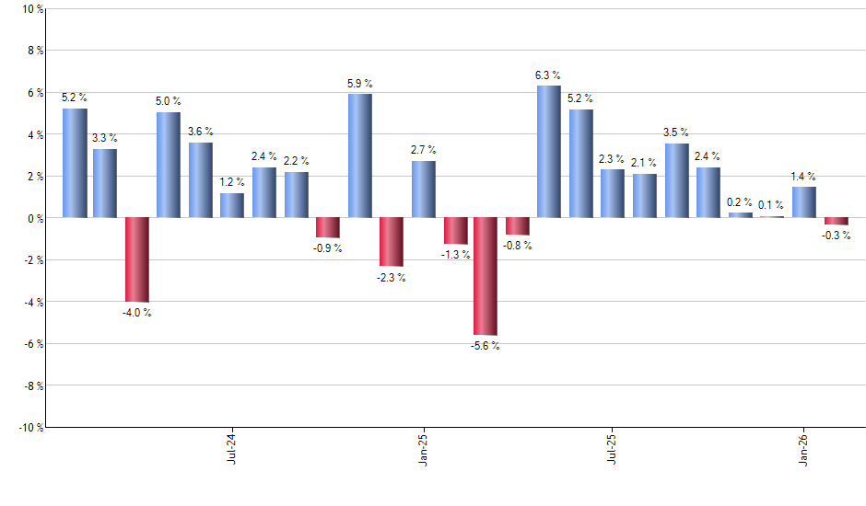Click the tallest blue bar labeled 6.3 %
(x=548, y=152)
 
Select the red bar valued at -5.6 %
(x=486, y=276)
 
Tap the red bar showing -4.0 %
(x=137, y=259)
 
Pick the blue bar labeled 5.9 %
(x=360, y=155)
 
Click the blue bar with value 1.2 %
(x=232, y=205)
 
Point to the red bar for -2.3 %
(x=391, y=242)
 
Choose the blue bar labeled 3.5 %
(x=676, y=180)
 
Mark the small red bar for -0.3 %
(x=837, y=221)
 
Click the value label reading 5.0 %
(x=169, y=101)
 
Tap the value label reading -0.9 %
(x=327, y=248)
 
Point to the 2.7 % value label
(x=424, y=150)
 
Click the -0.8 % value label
(x=518, y=246)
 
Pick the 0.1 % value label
(x=772, y=205)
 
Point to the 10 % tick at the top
(x=31, y=9)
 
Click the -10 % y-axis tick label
(x=29, y=427)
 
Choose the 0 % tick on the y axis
(x=34, y=218)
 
